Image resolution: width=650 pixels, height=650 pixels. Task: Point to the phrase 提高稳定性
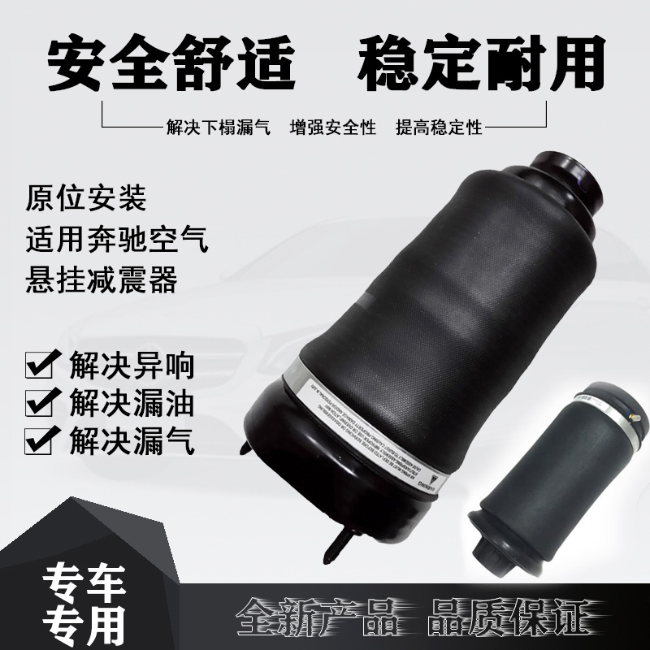(439, 128)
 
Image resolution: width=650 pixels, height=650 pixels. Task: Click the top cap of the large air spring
(568, 167)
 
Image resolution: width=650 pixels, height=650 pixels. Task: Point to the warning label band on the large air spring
(366, 431)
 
